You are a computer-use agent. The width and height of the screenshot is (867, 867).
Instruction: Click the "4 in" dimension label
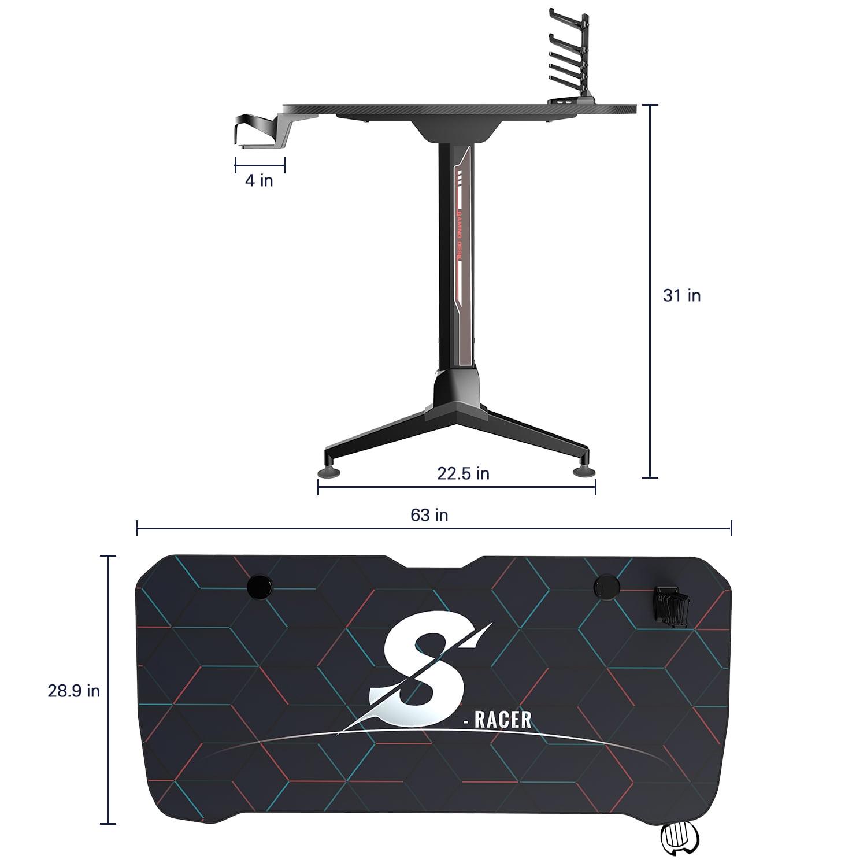(259, 180)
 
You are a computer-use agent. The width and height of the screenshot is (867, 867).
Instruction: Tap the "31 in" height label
(681, 295)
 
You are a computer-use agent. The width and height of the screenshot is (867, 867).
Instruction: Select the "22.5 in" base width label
(463, 473)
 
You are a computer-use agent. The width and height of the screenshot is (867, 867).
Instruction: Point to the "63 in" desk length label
(429, 515)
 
